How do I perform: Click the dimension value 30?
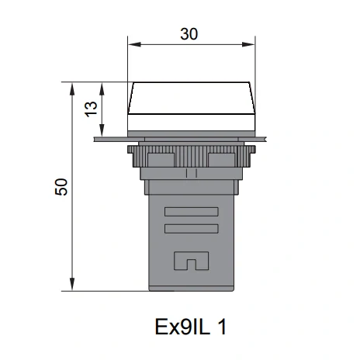click(x=189, y=34)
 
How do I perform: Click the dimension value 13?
click(x=92, y=109)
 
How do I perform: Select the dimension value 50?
click(x=61, y=187)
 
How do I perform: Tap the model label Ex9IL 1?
click(x=191, y=327)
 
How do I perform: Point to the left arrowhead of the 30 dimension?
click(x=134, y=44)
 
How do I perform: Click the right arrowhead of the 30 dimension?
click(x=248, y=44)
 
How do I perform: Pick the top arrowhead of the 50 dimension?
click(x=72, y=89)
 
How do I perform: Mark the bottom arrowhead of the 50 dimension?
click(x=72, y=284)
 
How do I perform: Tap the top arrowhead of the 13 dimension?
click(x=102, y=89)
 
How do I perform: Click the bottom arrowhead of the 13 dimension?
click(x=102, y=130)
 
